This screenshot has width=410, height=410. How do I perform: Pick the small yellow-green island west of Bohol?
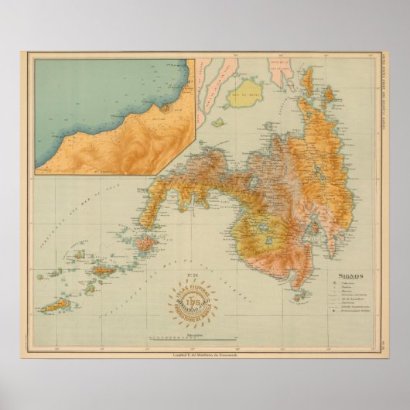point(219,121)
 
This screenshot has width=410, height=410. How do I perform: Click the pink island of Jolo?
point(145,244)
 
